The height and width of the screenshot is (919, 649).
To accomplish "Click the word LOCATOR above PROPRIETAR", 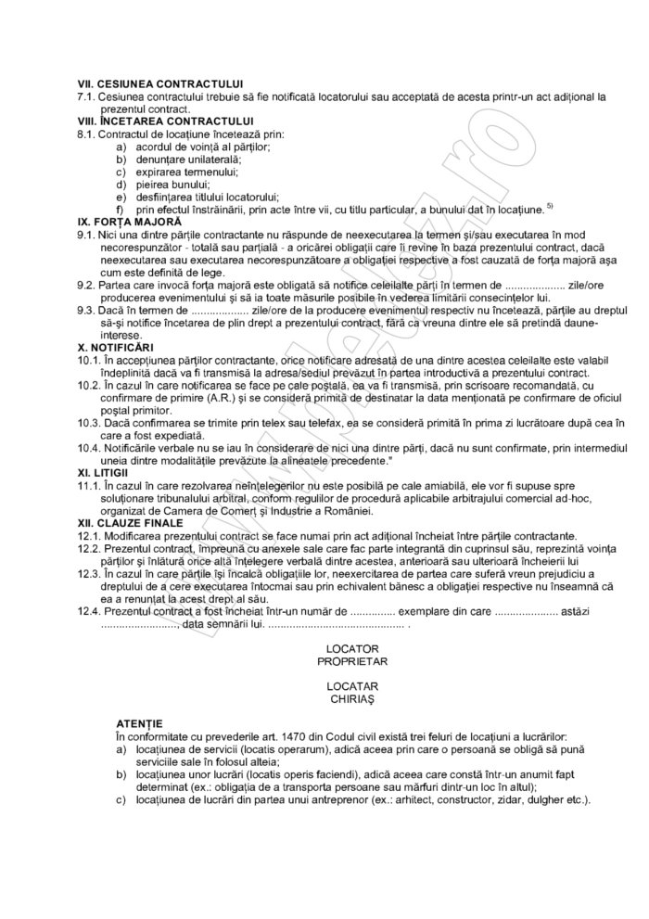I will pos(351,645).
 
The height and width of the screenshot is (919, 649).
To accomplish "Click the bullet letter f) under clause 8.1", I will pos(120,210).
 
